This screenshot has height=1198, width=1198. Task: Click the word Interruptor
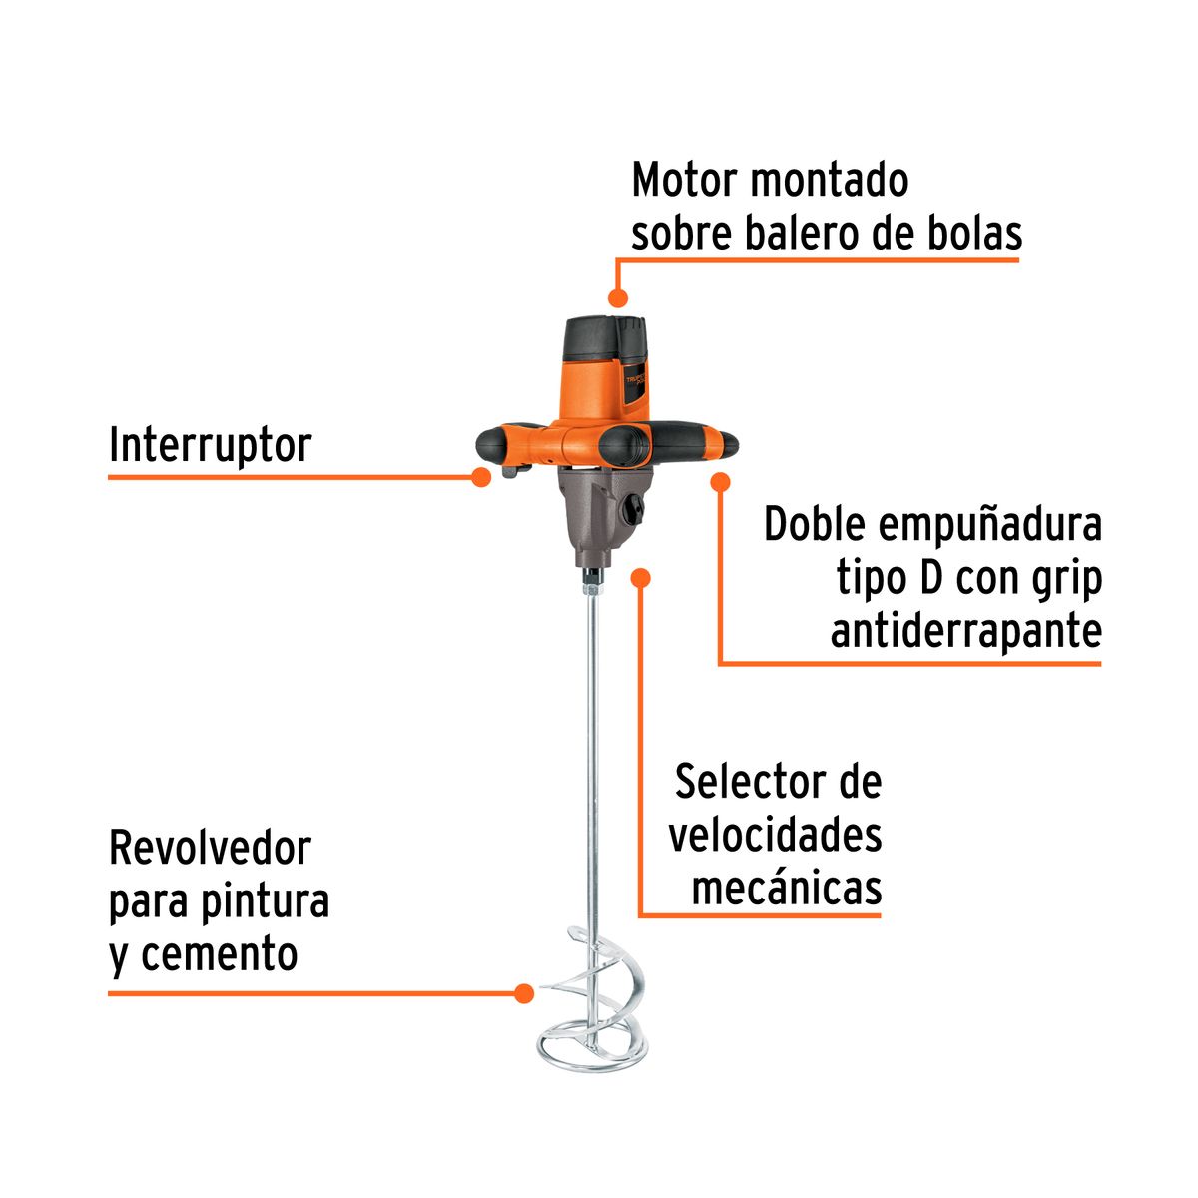click(210, 445)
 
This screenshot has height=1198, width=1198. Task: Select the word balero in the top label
click(809, 234)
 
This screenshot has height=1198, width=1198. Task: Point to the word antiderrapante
click(965, 631)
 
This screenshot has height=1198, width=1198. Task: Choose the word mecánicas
click(787, 888)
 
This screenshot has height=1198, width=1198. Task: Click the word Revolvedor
click(210, 849)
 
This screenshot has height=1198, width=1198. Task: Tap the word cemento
click(219, 955)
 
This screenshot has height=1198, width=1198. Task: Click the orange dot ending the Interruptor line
click(481, 477)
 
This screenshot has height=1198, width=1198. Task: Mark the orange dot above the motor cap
click(618, 297)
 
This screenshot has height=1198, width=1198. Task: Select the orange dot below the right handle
click(719, 482)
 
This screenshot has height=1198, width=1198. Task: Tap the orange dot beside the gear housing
click(642, 577)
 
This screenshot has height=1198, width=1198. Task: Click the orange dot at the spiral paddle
click(522, 993)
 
